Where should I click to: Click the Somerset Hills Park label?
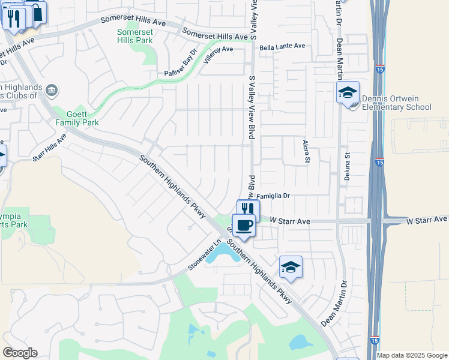[x=134, y=36]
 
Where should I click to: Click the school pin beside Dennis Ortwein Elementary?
[x=348, y=93]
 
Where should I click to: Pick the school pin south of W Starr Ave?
[x=291, y=267]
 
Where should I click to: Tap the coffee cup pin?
[x=244, y=226]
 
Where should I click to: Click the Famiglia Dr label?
[x=274, y=196]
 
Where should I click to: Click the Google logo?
[x=20, y=353]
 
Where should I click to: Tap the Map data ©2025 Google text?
[x=412, y=355]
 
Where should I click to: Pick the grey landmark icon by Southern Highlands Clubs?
[x=52, y=91]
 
